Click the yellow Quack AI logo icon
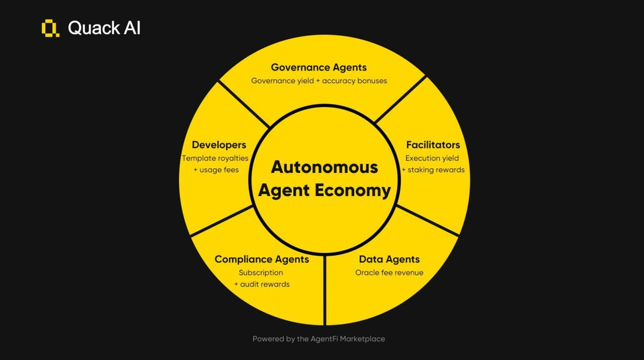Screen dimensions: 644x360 coord(50,28)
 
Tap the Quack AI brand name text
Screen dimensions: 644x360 coord(104,28)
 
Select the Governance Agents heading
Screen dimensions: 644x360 coord(318,67)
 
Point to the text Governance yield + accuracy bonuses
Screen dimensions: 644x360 coord(319,80)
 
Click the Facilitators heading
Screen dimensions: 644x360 coord(433,145)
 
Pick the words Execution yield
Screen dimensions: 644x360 coord(432,158)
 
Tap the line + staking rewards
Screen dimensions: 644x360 coord(433,170)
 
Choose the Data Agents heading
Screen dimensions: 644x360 coord(389,259)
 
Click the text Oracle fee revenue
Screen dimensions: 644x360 coord(389,273)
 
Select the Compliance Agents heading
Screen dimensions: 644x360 coord(262,259)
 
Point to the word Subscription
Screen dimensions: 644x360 coord(261,273)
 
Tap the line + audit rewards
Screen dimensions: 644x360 coord(262,284)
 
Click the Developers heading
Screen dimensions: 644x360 coord(219,145)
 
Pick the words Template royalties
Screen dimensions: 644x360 coord(215,158)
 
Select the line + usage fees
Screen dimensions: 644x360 coord(216,170)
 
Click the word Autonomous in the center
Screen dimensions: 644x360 coord(324,167)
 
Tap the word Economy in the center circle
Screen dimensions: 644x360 coord(359,191)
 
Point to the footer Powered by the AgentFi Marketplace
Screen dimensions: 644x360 coord(318,339)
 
